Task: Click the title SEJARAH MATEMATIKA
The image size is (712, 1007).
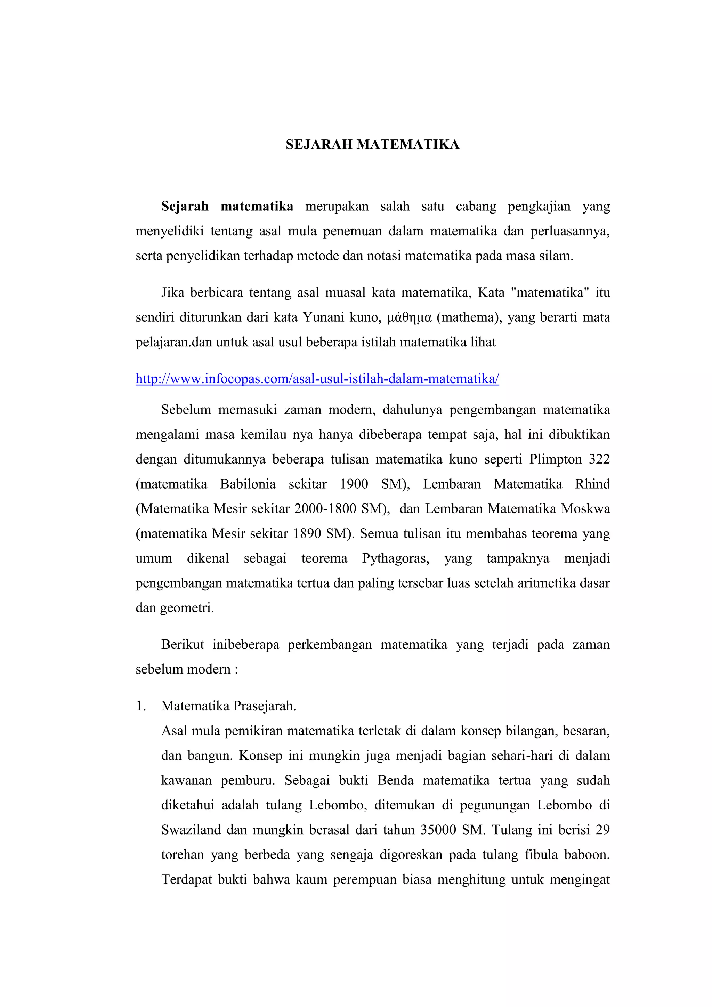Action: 372,145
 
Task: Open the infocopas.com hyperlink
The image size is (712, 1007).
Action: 317,379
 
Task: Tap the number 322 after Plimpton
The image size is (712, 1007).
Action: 599,459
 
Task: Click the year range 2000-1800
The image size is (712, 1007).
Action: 325,509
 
